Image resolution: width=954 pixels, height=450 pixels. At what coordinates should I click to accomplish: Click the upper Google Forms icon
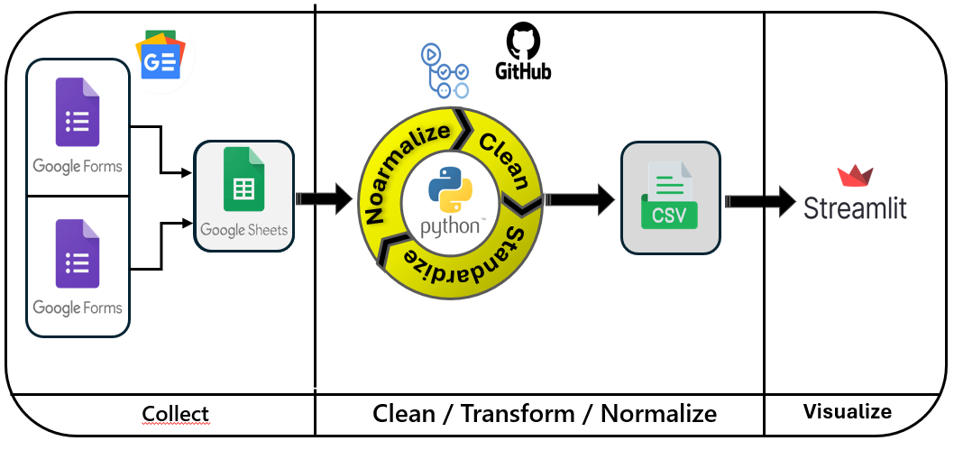tap(77, 113)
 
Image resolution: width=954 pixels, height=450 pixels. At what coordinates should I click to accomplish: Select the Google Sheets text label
tap(243, 230)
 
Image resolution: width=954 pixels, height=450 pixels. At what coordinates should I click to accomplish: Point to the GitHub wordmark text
tap(523, 70)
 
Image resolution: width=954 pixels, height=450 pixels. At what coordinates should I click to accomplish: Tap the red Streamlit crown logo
tap(850, 176)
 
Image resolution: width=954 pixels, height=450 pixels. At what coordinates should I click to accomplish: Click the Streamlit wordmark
tap(855, 208)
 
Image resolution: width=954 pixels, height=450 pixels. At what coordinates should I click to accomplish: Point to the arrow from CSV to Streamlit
tap(761, 200)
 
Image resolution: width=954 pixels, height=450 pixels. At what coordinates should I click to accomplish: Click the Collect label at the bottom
tap(175, 414)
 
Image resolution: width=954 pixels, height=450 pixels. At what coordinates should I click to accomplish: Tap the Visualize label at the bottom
tap(848, 412)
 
